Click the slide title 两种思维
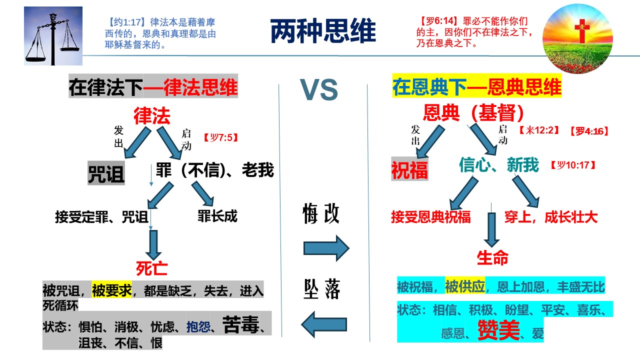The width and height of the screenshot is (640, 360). click(x=322, y=31)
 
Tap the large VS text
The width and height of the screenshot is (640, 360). click(x=319, y=90)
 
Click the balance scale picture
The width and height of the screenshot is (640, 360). click(x=53, y=36)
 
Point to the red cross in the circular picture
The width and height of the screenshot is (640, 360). click(x=581, y=30)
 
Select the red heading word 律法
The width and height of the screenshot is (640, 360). click(x=152, y=116)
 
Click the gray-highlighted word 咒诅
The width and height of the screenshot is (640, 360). click(x=106, y=173)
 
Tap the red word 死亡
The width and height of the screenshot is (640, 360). click(x=152, y=268)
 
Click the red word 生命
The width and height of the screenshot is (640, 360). click(x=492, y=258)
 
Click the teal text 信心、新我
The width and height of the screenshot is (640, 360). click(x=499, y=165)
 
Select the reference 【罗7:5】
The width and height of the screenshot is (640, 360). click(x=219, y=137)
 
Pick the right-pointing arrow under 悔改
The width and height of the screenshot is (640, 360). click(x=326, y=247)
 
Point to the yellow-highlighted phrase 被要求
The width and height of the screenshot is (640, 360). click(x=112, y=290)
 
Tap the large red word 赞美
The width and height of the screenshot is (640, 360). click(x=499, y=329)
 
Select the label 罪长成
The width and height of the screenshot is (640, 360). click(x=217, y=216)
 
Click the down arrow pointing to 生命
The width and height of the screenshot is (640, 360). click(x=492, y=229)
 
